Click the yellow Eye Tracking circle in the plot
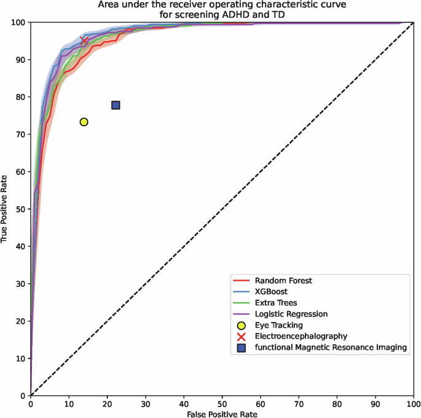tap(84, 122)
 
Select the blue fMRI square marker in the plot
tap(116, 105)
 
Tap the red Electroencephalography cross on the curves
tap(85, 41)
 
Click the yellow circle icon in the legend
tap(242, 325)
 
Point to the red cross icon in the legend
tap(242, 337)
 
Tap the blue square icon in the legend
tap(242, 348)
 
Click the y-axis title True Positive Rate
tap(6, 209)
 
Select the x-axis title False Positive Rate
tap(222, 414)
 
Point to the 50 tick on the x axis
tap(222, 403)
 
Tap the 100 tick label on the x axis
tap(414, 403)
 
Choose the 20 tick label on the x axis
tap(107, 403)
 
